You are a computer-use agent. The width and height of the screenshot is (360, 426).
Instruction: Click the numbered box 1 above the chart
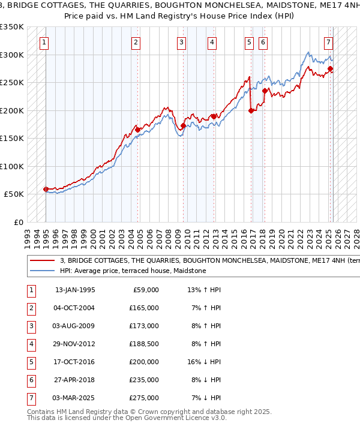click(x=46, y=42)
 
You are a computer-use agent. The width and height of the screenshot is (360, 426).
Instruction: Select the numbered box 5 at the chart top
click(x=249, y=42)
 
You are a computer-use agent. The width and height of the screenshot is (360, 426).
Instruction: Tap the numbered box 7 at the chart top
click(x=329, y=42)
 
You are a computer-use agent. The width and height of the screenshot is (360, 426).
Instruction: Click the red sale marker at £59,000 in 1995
click(x=46, y=189)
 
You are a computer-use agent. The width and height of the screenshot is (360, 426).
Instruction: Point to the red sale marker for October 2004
click(x=138, y=130)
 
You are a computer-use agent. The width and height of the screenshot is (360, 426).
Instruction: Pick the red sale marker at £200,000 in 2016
click(x=251, y=110)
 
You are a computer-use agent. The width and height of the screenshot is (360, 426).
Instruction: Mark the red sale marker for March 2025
click(x=331, y=68)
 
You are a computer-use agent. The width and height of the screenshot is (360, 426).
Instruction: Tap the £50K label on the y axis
click(x=14, y=194)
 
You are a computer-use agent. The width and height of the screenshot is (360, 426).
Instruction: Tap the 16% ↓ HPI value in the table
click(x=205, y=362)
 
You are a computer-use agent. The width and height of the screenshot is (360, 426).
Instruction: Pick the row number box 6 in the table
click(x=30, y=380)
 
